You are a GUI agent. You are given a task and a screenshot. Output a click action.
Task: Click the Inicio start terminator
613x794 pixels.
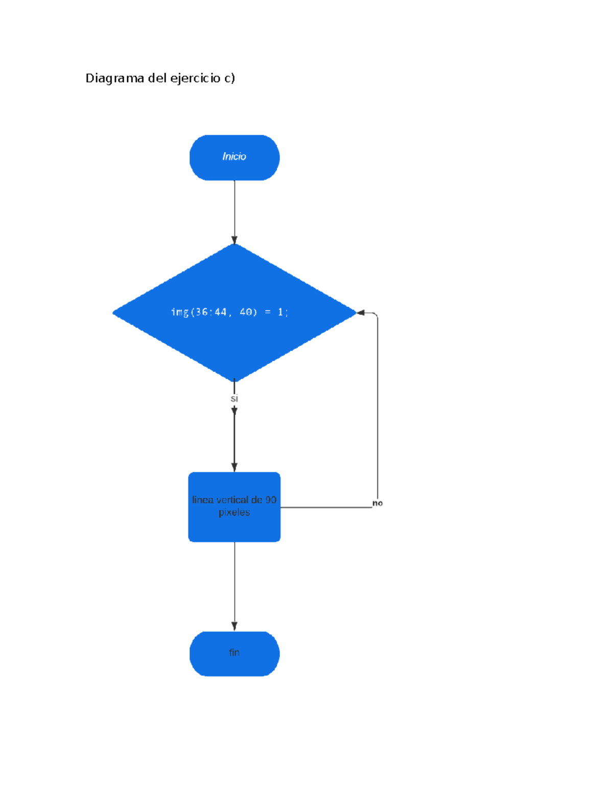234,157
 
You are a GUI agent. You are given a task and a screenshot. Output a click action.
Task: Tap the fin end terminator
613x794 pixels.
234,653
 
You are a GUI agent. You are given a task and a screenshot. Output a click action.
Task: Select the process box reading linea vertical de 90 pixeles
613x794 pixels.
234,507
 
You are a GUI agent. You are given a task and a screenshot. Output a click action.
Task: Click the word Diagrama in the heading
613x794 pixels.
114,78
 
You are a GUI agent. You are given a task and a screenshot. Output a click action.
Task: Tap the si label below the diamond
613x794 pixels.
234,399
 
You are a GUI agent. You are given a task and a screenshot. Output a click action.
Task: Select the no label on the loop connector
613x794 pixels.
377,503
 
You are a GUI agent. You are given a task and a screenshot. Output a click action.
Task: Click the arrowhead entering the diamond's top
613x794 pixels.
234,240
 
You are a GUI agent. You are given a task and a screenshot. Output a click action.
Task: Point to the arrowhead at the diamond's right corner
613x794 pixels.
361,312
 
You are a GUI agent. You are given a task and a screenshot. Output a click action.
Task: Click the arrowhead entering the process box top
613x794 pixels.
234,467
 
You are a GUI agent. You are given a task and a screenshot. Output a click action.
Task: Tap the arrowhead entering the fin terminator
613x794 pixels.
234,626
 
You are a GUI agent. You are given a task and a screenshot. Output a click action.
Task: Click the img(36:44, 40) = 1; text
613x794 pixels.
229,312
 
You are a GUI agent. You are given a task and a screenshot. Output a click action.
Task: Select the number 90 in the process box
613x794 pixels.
270,500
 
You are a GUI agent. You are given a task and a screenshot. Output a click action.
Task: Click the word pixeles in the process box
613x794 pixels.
234,512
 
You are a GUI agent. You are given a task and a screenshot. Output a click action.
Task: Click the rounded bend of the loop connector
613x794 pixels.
376,315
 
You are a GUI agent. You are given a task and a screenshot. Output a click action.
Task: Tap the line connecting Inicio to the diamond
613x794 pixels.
234,210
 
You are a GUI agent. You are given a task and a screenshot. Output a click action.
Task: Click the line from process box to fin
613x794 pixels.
234,583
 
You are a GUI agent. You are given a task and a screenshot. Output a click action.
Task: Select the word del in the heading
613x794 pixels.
157,78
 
